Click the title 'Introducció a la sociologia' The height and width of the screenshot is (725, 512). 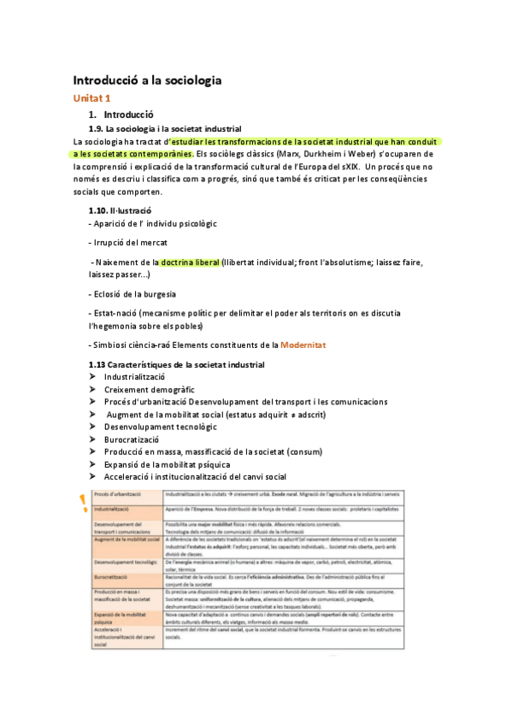click(147, 80)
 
